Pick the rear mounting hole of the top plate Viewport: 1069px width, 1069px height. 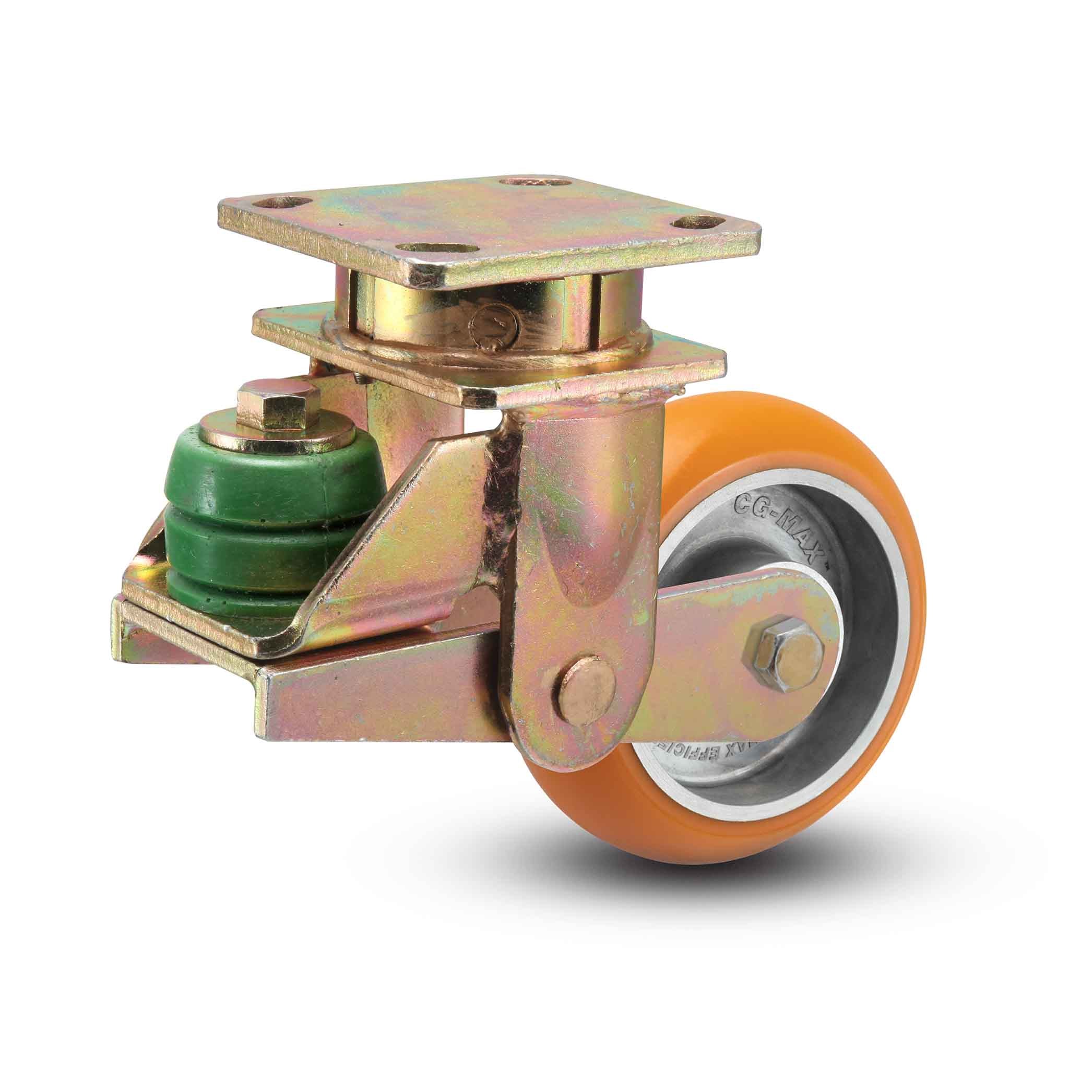[x=533, y=183]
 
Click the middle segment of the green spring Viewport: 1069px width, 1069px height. [x=249, y=540]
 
